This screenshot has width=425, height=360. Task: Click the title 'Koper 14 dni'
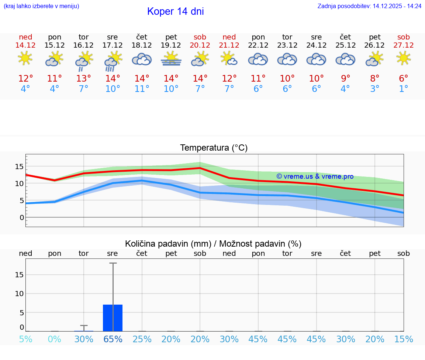coord(175,11)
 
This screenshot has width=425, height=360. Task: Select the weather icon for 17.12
coord(113,61)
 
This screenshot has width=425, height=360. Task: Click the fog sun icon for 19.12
coord(171,59)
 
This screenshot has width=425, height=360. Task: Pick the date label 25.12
coord(345,45)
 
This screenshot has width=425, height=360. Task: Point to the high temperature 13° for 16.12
coord(84,78)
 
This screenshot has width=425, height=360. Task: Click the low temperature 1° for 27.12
coord(404,89)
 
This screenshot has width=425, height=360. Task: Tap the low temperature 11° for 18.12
coord(142,89)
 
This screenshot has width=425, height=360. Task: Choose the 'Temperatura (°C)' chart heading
coord(214,148)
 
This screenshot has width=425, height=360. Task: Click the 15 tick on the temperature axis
coord(19,167)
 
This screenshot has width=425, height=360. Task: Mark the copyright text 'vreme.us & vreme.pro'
coord(315,176)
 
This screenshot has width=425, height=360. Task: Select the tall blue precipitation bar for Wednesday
coord(113,318)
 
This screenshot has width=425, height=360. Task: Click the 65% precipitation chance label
coord(113,339)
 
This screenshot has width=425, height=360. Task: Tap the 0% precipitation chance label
coord(55,339)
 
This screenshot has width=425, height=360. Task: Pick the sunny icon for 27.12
coord(404,59)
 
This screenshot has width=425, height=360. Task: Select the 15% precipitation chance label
coord(404,339)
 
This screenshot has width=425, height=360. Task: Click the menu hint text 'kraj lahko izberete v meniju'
coord(41,6)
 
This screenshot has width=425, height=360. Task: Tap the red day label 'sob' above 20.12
coord(200,37)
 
